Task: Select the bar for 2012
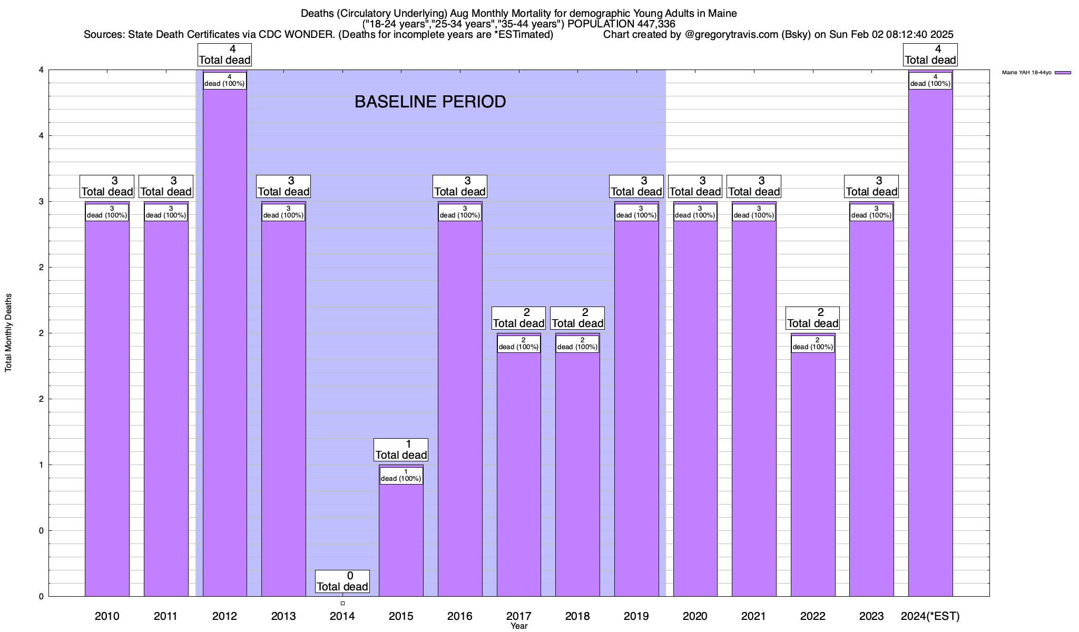tap(225, 342)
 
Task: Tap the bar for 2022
tap(813, 474)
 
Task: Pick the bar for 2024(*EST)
tap(930, 342)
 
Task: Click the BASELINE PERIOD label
tap(430, 102)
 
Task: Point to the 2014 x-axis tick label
tap(342, 616)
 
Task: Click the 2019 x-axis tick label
tap(636, 616)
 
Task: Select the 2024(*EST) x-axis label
tap(930, 616)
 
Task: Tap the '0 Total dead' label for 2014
tap(342, 581)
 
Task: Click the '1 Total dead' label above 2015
tap(401, 450)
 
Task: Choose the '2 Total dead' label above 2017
tap(518, 318)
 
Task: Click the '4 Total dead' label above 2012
tap(225, 55)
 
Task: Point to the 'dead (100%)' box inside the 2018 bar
tap(577, 344)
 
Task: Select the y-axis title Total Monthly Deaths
tap(8, 333)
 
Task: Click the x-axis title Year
tap(519, 626)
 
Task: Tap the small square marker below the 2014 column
tap(342, 604)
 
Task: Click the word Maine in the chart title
tap(722, 13)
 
